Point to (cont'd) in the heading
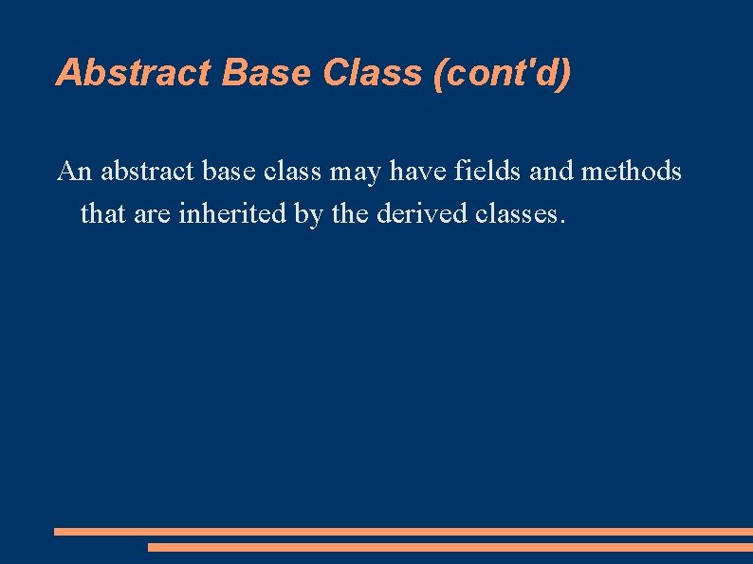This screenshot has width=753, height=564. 501,73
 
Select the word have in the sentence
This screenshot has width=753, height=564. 418,172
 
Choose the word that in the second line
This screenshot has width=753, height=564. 99,213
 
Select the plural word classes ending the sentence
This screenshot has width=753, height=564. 520,213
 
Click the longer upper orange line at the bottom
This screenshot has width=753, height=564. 403,532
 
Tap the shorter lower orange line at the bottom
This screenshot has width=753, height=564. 450,547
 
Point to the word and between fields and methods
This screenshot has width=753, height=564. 552,172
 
